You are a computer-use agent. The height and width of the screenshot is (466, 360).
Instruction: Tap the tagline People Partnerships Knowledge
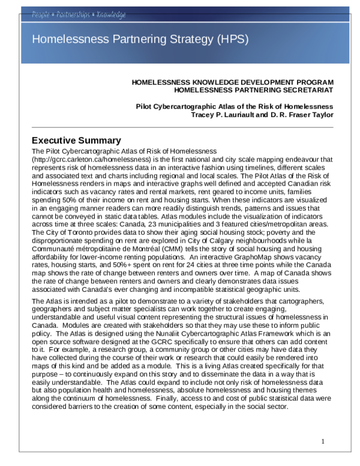coord(79,14)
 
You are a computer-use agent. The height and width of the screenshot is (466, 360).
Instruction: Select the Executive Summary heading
coord(76,140)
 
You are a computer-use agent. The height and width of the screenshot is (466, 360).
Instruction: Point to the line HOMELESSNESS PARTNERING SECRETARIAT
coord(253,90)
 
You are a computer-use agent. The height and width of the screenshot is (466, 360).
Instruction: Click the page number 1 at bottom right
coord(323,442)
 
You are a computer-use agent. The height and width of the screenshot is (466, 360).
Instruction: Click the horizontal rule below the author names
coord(182,127)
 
